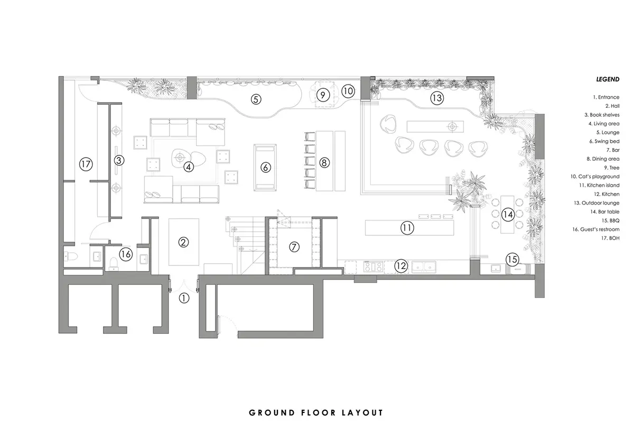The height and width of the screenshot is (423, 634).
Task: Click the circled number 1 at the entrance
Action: point(183,298)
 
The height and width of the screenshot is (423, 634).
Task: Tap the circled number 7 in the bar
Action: point(294,246)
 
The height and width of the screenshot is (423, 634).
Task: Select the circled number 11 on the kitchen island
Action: point(407,228)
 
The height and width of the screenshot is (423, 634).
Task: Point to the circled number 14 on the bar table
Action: point(508,214)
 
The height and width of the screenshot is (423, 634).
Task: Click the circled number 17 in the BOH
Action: point(86,164)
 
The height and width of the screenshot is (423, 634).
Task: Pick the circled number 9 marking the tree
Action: point(323,95)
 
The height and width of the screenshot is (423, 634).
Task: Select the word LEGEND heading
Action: point(608,79)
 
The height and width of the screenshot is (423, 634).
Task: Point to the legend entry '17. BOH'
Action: point(610,238)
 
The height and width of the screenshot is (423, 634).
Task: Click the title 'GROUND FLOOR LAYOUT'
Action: point(316,412)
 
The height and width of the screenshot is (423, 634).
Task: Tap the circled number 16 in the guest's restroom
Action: point(125,254)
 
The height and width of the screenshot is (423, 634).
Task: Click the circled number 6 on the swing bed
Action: point(266,167)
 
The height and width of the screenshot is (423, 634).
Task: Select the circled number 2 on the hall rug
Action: point(183,243)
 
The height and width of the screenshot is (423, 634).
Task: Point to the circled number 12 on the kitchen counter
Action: point(402,266)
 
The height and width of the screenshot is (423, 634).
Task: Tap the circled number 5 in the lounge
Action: point(256,99)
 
